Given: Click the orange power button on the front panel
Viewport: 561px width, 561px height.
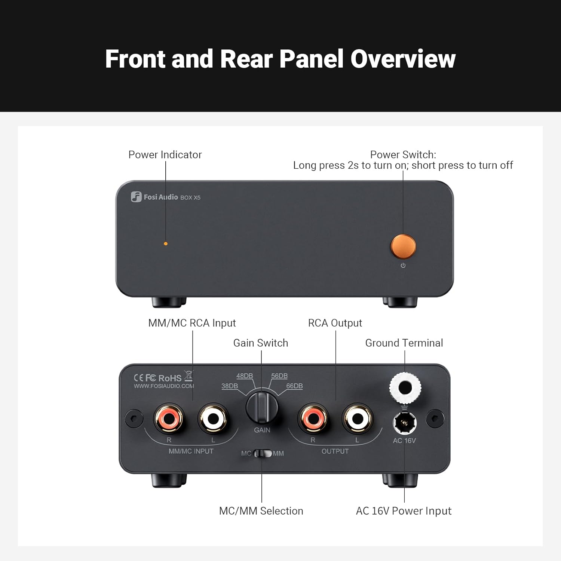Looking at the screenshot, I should tap(403, 246).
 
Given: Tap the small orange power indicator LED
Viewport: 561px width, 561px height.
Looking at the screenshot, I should tap(166, 243).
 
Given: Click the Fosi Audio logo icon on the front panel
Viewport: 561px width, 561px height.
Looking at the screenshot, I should tap(136, 197).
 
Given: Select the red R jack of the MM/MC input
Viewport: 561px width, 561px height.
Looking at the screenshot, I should tap(169, 418).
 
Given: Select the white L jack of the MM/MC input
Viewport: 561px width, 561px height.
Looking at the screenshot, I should tap(213, 418).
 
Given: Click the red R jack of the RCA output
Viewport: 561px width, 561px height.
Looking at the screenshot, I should tap(313, 418).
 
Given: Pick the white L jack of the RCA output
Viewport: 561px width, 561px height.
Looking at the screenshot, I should tap(357, 418).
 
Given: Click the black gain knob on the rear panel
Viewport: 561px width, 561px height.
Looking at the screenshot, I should tap(262, 407).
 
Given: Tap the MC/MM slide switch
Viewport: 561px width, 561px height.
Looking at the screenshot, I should tap(263, 453).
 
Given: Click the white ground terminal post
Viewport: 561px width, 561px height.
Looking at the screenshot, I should tap(405, 387).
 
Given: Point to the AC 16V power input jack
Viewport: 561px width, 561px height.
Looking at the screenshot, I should tap(404, 423).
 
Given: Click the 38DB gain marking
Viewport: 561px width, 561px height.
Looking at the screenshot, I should tap(230, 386).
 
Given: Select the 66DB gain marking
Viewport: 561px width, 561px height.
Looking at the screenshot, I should tap(294, 386).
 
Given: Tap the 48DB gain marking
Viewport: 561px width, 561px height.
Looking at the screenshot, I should tap(245, 376).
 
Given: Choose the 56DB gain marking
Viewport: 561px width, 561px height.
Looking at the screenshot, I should tap(279, 376).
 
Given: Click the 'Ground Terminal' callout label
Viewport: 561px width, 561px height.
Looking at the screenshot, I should tap(404, 343).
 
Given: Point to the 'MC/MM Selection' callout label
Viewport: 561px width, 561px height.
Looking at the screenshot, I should tap(261, 511).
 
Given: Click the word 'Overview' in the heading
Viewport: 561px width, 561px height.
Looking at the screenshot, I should tap(403, 59).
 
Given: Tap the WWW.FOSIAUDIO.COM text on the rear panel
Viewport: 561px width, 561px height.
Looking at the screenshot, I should tap(164, 386).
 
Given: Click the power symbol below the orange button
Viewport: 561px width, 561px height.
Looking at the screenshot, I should tap(403, 266).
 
